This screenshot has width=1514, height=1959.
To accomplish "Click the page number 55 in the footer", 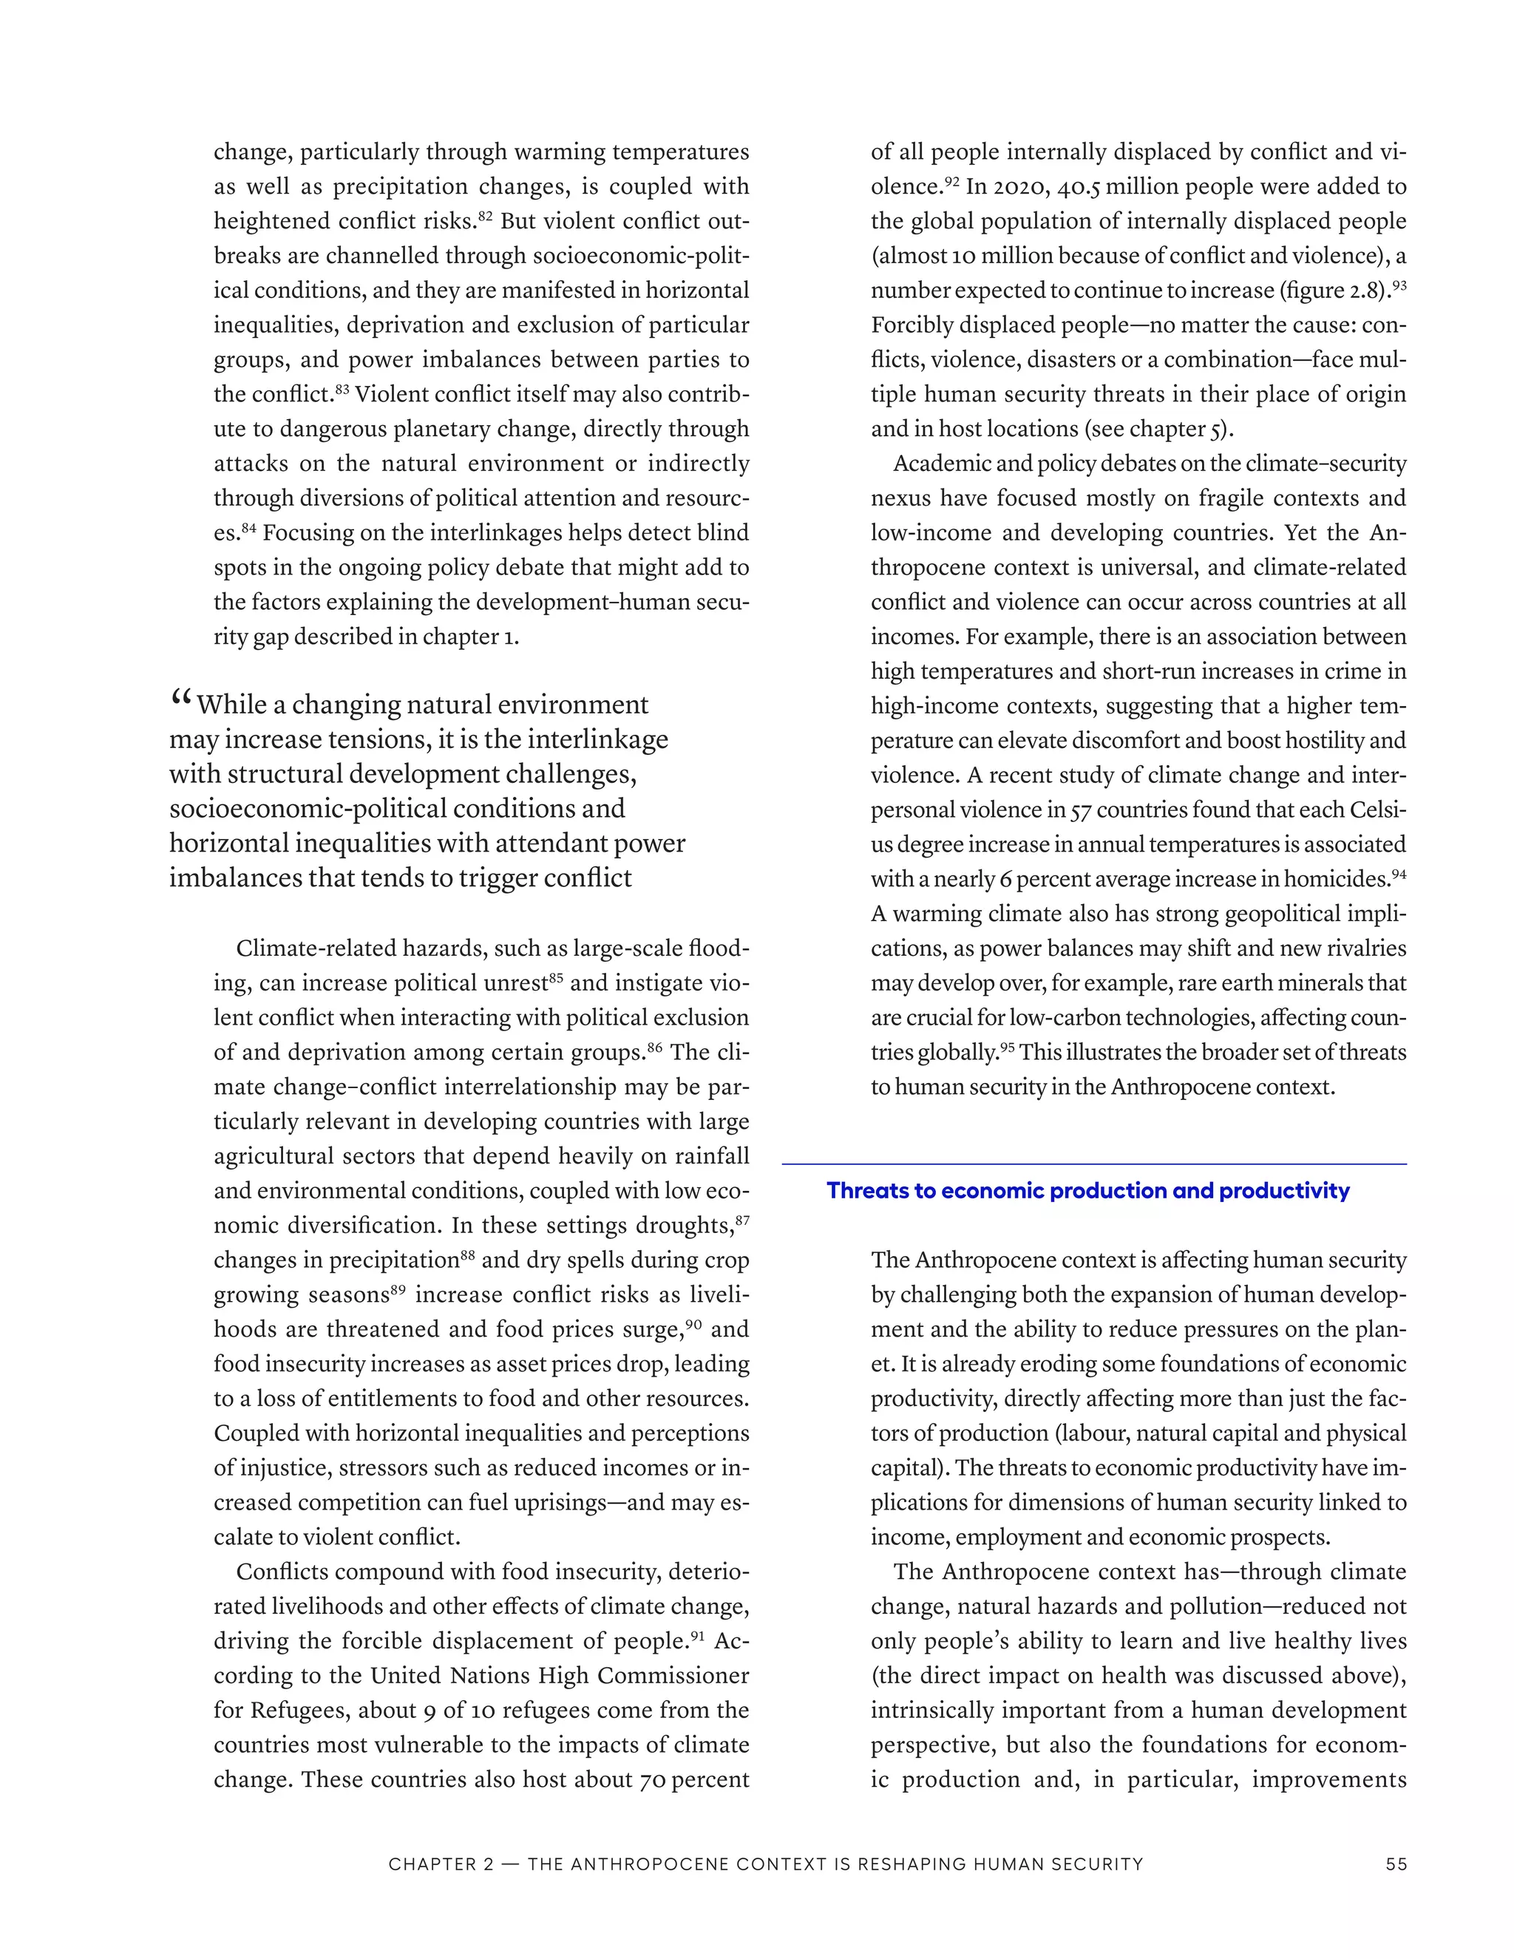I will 1396,1864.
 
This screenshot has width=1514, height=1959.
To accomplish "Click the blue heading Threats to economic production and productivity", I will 1087,1190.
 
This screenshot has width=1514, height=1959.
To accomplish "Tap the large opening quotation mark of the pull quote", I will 180,697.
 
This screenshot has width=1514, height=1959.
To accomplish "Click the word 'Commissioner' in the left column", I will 673,1676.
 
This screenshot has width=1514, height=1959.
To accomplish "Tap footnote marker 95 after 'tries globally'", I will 1008,1047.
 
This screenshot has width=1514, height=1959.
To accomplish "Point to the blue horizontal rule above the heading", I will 1093,1164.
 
